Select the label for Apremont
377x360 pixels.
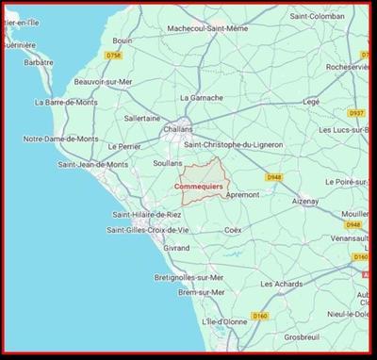coord(242,194)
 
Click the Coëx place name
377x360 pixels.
coord(233,229)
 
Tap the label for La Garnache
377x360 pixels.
coord(201,97)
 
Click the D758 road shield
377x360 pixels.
coord(115,57)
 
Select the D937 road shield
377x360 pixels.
coord(356,112)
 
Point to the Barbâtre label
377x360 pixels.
coord(40,63)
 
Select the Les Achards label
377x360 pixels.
coord(280,284)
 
